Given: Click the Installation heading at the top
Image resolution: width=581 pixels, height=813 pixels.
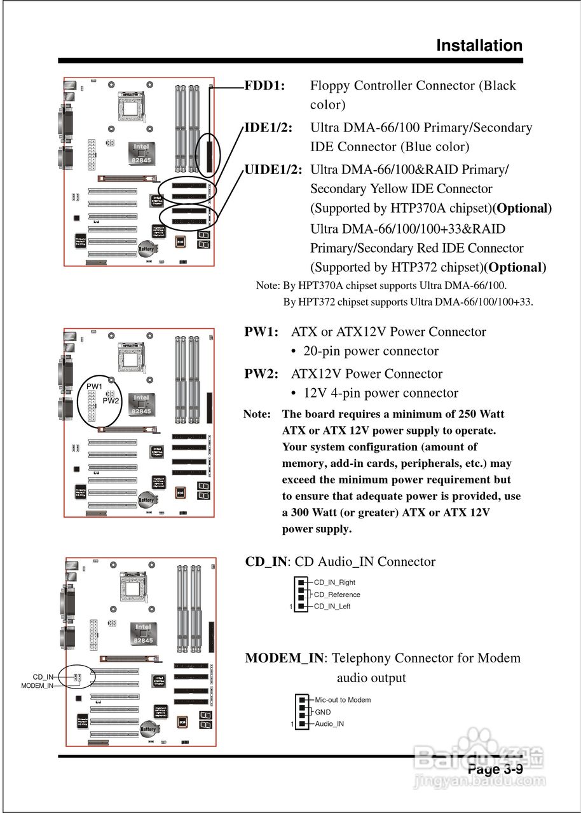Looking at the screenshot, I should pos(479,46).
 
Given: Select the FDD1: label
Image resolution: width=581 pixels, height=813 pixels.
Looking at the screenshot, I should pos(264,86).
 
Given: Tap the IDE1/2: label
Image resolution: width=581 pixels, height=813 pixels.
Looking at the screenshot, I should pos(268,128).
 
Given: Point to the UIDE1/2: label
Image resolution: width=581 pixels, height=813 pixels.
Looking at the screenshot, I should pos(273,170).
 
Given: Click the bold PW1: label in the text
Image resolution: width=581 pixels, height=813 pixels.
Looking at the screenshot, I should pos(261,332).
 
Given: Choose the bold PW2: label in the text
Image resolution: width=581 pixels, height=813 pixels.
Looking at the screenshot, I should pos(261,374).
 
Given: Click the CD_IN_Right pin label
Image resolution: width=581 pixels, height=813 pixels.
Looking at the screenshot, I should pos(334,582).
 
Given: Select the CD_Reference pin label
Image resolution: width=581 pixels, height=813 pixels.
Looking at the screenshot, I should pos(337,595).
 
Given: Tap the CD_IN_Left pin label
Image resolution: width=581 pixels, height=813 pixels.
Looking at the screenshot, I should pos(332,607).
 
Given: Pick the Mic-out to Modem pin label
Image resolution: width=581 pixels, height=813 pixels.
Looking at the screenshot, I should pos(343,700).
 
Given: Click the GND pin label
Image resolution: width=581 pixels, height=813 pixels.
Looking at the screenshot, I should pos(323,712).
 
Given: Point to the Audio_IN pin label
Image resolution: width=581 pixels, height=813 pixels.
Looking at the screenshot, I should pos(329,724).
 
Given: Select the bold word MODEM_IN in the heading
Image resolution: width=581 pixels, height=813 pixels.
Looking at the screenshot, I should pos(284,658).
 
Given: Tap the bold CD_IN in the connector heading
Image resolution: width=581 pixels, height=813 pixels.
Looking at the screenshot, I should pos(266,562).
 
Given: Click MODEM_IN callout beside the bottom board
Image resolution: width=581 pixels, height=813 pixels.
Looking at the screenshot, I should pos(38,686).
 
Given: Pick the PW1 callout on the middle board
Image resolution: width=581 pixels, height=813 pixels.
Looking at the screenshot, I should pos(95,386).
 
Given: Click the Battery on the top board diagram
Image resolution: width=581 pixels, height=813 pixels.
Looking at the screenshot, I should pos(146,250).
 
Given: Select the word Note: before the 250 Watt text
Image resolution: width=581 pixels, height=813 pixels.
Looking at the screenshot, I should pos(257,414).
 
